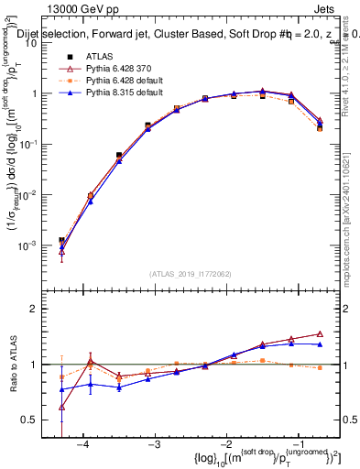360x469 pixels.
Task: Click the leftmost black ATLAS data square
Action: coord(61,240)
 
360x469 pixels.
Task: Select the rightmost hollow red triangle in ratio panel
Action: coord(320,334)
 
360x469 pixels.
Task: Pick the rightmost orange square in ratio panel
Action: coord(320,367)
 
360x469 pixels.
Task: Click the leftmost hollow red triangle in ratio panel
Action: coord(61,407)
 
